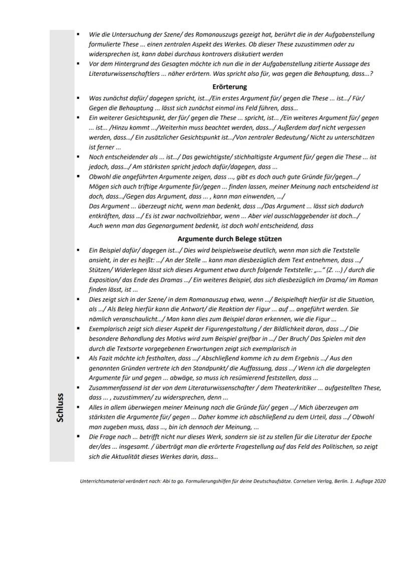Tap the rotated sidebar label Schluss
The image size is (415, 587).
[x=60, y=407]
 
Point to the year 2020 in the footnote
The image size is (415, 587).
[x=379, y=481]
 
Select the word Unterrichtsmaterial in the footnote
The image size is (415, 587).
[x=99, y=481]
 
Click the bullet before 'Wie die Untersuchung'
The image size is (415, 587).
[x=78, y=35]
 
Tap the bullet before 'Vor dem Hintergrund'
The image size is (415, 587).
[x=78, y=64]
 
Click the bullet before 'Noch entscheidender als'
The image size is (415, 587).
[x=78, y=157]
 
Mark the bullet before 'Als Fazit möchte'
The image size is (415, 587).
[x=78, y=358]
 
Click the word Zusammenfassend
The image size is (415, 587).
[x=111, y=388]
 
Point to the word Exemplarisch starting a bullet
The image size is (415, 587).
[x=107, y=329]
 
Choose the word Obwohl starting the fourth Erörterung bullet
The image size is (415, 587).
[x=99, y=176]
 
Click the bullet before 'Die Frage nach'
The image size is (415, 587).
[x=78, y=437]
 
